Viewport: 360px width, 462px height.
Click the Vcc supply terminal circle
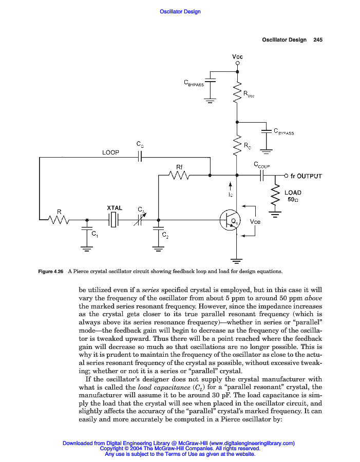237,64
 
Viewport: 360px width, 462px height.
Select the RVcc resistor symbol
237,93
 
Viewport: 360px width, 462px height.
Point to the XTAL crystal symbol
114,220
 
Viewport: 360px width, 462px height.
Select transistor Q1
229,220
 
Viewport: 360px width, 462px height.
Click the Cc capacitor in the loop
139,158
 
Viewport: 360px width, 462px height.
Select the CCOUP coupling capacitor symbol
262,176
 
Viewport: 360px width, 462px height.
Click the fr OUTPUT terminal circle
286,176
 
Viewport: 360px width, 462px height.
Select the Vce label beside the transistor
255,221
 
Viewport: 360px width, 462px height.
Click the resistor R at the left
59,220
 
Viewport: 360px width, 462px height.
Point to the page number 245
317,40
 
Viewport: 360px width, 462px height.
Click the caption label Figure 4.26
51,272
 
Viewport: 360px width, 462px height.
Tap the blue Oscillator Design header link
180,11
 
